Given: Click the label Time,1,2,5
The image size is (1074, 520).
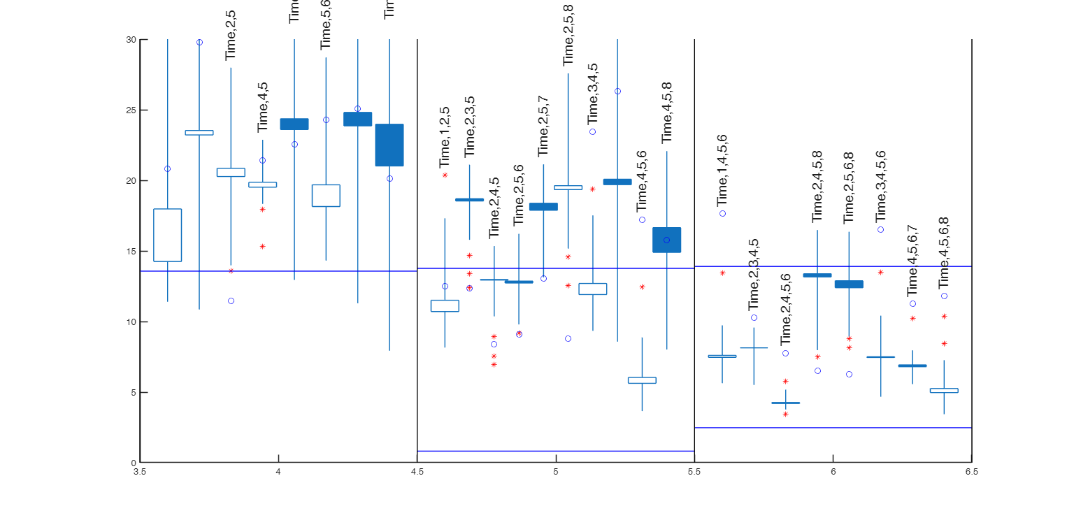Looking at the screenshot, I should click(445, 137).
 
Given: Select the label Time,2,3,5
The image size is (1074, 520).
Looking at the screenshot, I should click(469, 127).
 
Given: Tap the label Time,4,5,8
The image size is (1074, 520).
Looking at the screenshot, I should click(666, 113).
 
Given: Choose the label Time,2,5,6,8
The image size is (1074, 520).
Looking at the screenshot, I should click(849, 187).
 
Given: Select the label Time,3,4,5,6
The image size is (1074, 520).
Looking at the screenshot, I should click(880, 186).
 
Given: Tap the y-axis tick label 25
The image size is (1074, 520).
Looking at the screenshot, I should click(130, 110).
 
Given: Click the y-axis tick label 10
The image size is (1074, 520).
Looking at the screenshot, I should click(130, 322).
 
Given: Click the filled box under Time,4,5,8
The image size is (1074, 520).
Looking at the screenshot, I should click(666, 240).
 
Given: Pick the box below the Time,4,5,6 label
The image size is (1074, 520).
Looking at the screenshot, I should click(642, 380).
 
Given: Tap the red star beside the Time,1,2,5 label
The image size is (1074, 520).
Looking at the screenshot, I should click(445, 175).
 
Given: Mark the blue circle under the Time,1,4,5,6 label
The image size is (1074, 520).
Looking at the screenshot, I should click(722, 213).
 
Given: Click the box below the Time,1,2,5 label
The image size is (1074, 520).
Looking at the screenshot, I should click(445, 306).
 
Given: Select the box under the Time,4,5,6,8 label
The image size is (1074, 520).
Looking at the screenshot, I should click(944, 391).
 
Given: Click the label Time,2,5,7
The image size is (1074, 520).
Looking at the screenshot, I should click(543, 127).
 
